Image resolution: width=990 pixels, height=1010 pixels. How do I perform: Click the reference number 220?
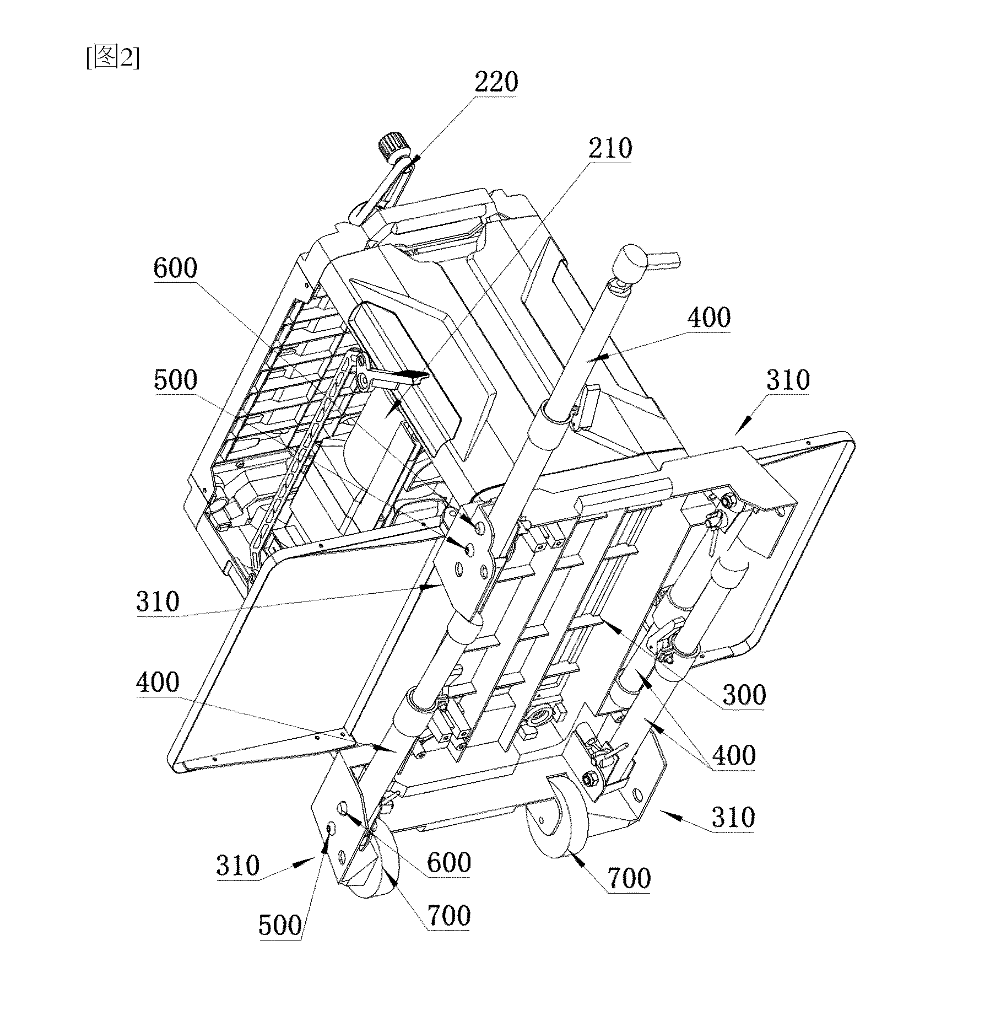pos(496,82)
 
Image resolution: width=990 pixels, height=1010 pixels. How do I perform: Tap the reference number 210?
pos(610,148)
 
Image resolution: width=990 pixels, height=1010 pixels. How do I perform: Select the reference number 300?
pos(744,695)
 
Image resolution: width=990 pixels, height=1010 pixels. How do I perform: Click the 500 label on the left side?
pos(175,380)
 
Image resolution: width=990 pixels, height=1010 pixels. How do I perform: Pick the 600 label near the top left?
pos(175,268)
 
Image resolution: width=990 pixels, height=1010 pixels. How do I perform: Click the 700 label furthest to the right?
pos(629,878)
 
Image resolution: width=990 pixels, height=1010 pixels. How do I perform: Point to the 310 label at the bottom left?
pos(237,866)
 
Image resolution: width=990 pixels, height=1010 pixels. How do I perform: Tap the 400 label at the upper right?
pos(710,318)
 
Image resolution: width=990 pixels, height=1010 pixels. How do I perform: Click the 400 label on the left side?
pos(158,683)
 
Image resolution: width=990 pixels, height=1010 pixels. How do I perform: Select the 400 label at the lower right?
pos(734,755)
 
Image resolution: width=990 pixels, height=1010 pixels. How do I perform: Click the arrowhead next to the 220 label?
pos(412,158)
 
